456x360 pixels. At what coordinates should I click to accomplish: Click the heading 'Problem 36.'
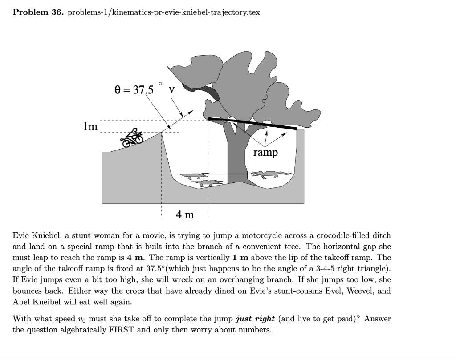(x=38, y=12)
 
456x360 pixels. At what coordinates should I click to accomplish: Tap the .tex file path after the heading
(x=163, y=12)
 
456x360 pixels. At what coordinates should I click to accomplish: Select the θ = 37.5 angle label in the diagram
(x=134, y=90)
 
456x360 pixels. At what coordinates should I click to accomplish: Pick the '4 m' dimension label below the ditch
(x=185, y=215)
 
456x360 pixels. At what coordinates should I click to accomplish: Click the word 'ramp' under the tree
(x=265, y=153)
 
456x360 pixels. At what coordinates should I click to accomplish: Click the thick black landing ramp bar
(x=252, y=123)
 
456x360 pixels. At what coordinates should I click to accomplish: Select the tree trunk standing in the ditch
(x=236, y=156)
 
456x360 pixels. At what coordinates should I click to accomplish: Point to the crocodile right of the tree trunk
(x=269, y=174)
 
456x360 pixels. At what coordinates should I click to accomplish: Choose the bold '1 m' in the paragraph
(x=258, y=258)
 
